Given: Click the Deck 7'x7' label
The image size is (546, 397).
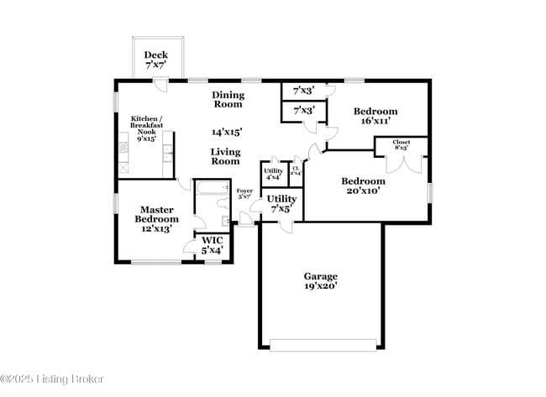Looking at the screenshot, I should pos(155,60).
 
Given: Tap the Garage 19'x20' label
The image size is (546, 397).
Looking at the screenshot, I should pos(320,281).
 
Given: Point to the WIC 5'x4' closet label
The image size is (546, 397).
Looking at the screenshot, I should pos(212,245).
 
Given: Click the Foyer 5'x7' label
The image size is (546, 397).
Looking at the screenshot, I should pos(244,195).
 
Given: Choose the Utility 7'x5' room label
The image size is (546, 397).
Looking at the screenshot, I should pos(281,203).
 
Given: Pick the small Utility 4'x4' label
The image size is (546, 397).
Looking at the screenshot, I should pos(274,174).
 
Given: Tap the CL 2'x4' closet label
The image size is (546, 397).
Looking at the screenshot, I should pos(296,171).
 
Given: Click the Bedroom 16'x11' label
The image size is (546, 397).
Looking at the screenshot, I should pos(375,116).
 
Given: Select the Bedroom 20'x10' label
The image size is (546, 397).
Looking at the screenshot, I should pos(362,185).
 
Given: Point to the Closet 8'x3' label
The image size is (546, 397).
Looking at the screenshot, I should pos(402,145).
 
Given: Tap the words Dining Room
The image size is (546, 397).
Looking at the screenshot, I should pos(227,100).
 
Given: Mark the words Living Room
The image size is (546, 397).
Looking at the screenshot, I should pos(225,156).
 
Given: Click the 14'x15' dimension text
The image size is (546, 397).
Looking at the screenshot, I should pos(227,132).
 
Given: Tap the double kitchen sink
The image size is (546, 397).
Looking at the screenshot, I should pos(167,153).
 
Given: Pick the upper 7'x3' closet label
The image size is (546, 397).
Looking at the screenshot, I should pos(303,91).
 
